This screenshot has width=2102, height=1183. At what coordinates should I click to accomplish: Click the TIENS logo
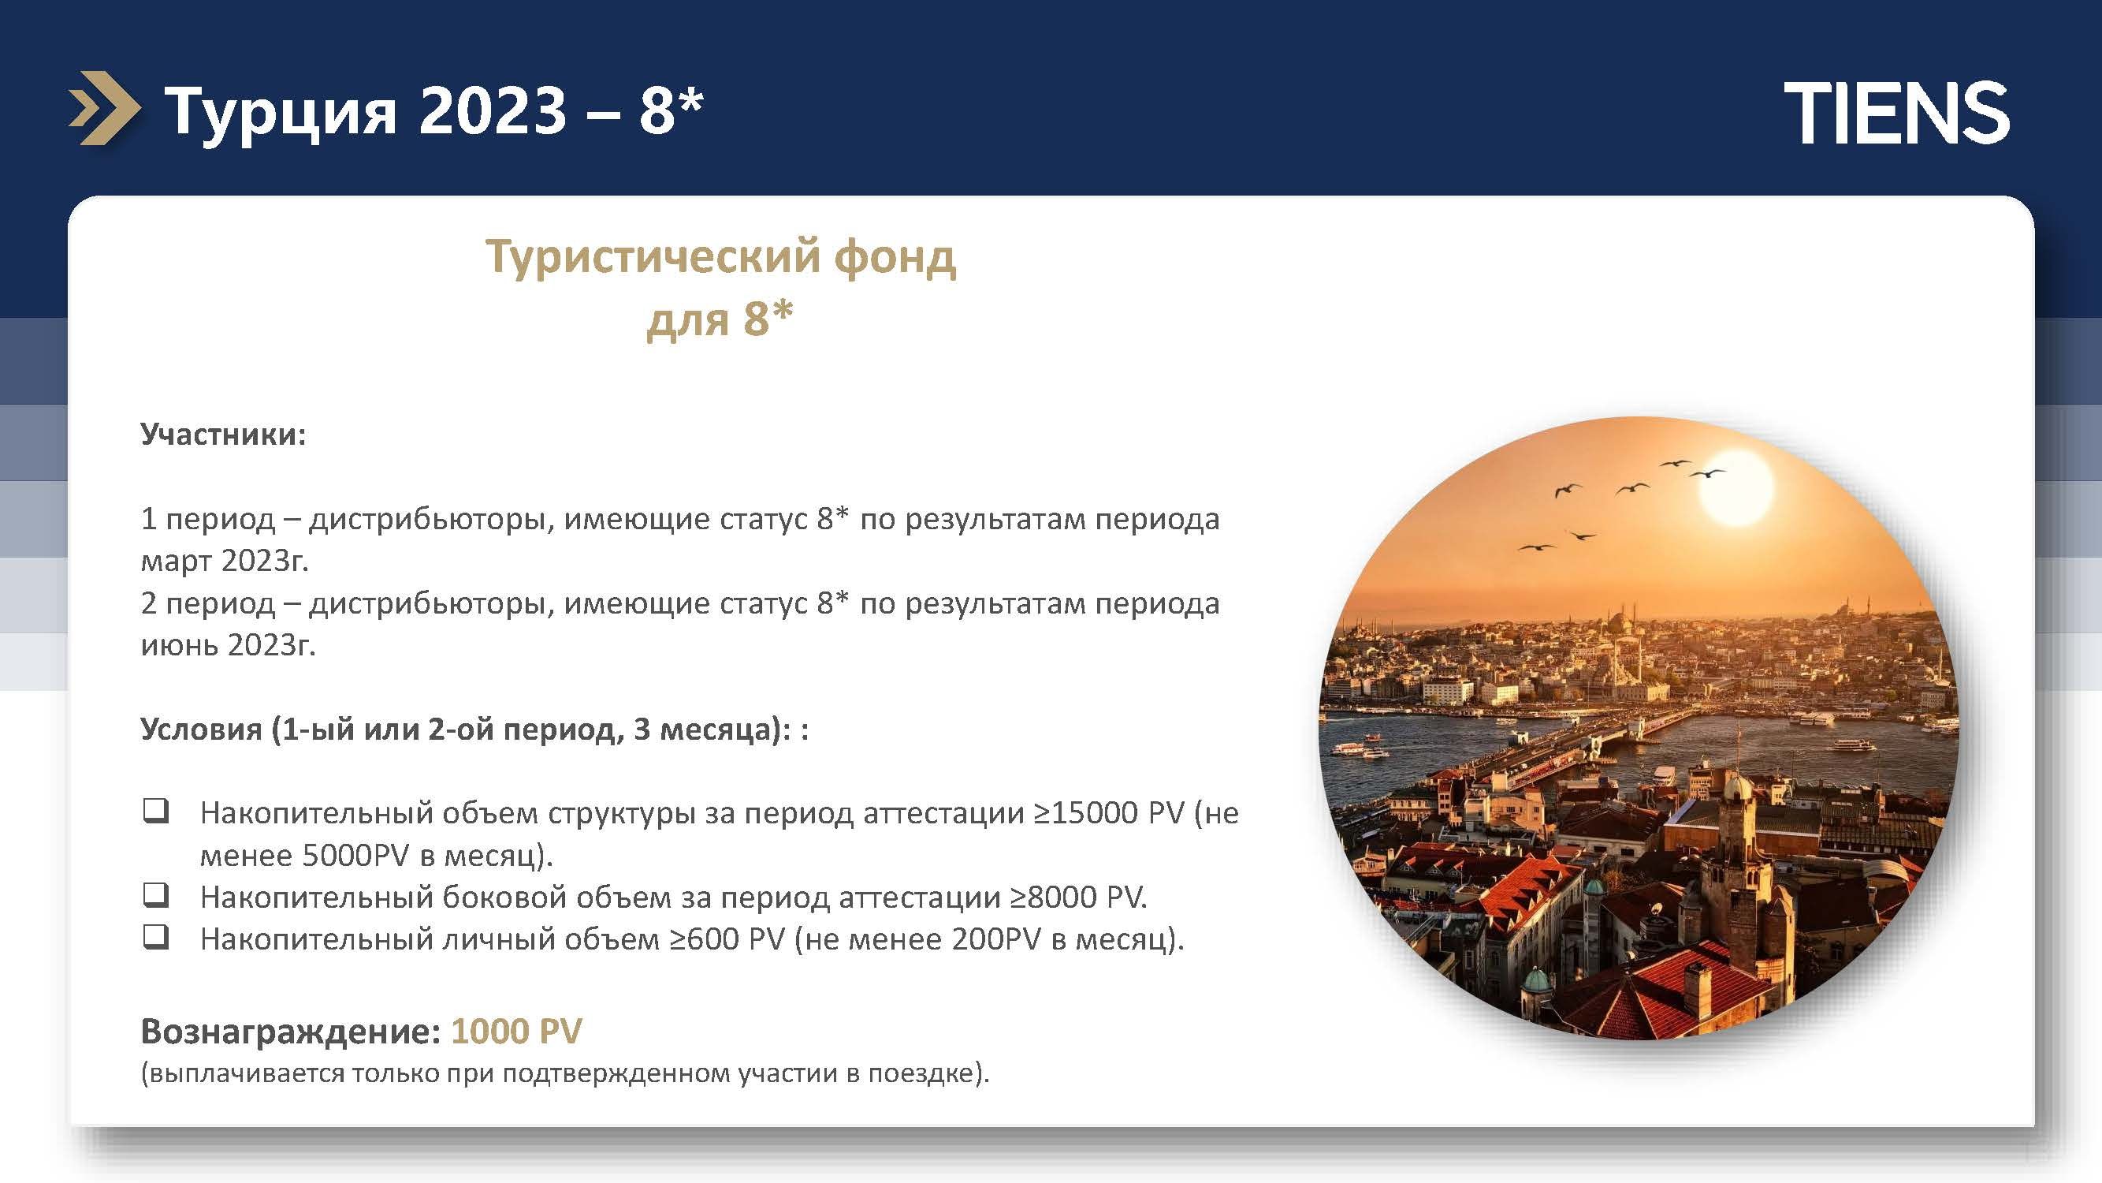1897,112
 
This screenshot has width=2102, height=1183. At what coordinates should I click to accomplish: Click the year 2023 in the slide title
493,110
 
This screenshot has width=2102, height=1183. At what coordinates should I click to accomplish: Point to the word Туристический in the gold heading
649,257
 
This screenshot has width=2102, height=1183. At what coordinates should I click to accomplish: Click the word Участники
223,435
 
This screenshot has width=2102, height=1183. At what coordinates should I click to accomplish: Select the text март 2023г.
225,561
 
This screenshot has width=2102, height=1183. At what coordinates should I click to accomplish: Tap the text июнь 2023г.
228,645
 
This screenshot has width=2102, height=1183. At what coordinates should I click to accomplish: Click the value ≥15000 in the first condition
1084,813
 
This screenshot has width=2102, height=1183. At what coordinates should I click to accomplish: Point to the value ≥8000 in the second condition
1053,898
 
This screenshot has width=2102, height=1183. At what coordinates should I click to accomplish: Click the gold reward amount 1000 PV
516,1031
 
